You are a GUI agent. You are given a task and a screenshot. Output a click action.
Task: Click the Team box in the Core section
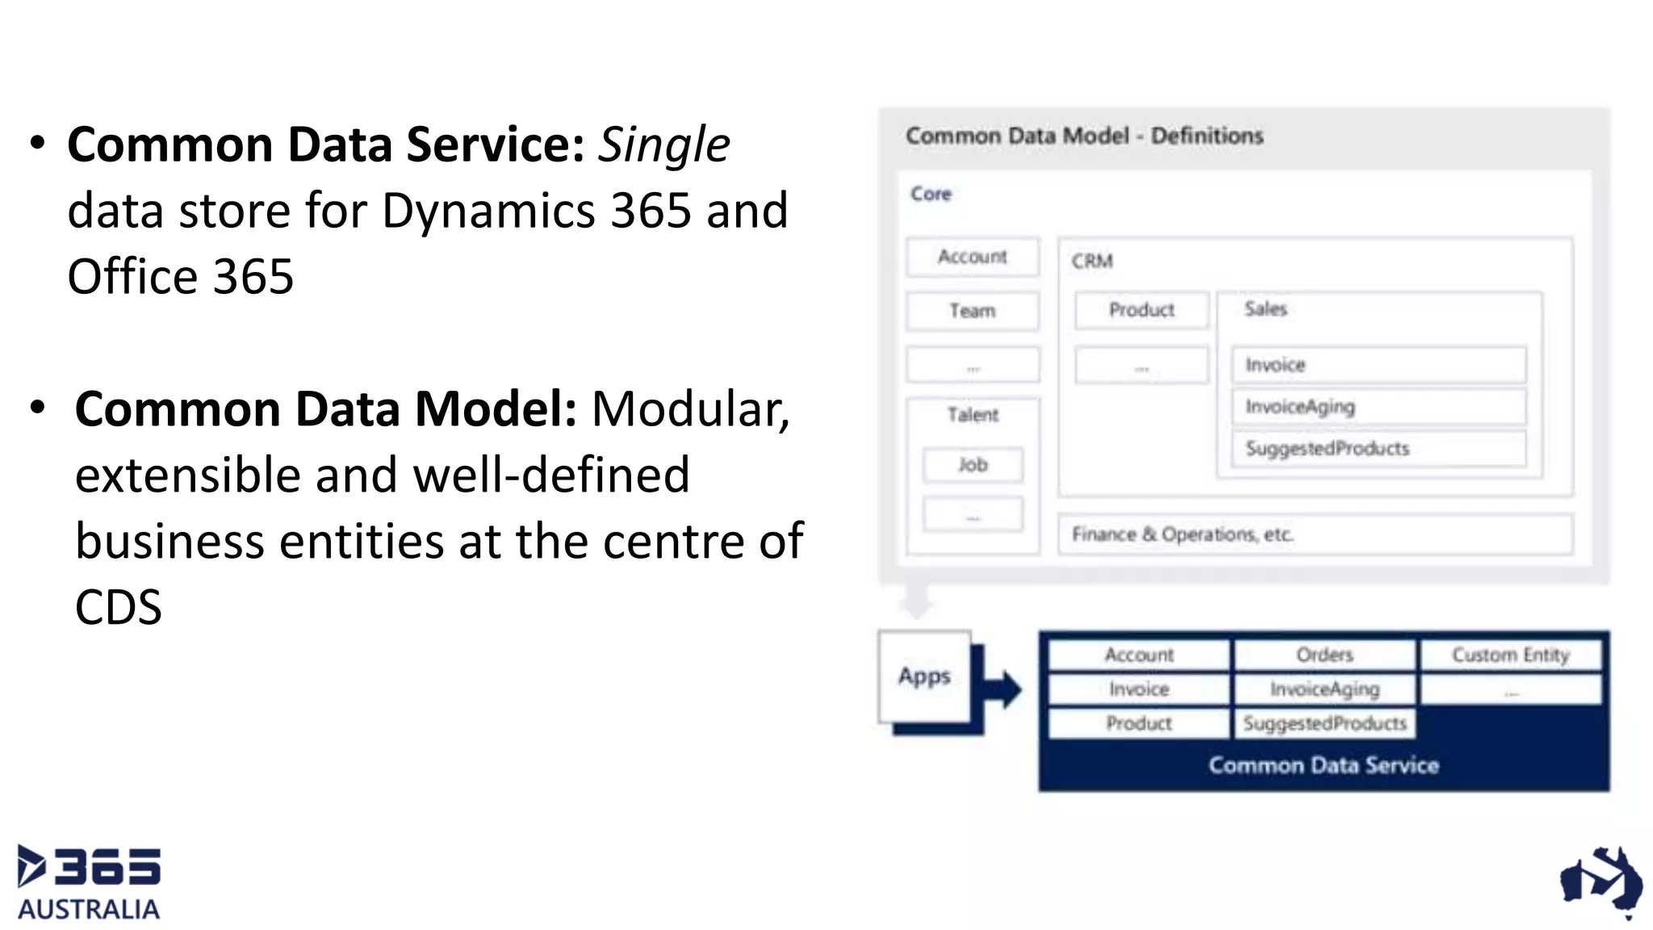pos(973,311)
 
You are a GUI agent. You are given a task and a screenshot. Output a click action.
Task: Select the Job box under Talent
pos(973,465)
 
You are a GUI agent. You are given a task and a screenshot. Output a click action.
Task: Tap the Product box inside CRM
pos(1141,310)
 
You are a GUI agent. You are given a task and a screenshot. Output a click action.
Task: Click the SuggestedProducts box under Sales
pos(1379,449)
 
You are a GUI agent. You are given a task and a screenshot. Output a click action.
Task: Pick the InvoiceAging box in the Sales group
pos(1379,407)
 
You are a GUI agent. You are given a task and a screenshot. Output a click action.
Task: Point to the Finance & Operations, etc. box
pos(1315,534)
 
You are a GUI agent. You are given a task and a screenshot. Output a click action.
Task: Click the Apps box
pos(925,676)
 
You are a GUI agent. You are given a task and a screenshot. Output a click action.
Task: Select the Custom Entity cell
pos(1510,655)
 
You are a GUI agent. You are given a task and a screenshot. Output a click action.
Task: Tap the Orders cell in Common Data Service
pos(1324,655)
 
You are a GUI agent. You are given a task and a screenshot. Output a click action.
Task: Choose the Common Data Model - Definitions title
pos(1084,136)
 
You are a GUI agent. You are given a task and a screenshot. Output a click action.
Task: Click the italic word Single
pos(663,145)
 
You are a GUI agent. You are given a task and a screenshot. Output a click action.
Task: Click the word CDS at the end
pos(119,607)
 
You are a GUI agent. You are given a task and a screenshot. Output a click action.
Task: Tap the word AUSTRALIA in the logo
pos(89,909)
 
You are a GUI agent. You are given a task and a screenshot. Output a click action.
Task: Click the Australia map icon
pos(1601,882)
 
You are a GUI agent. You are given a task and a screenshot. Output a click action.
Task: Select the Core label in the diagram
pos(931,194)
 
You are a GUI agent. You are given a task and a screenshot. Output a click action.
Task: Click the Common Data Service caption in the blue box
pos(1324,765)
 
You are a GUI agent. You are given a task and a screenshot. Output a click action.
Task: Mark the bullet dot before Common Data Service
pos(37,144)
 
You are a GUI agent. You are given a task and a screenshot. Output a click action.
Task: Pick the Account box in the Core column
pos(973,257)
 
